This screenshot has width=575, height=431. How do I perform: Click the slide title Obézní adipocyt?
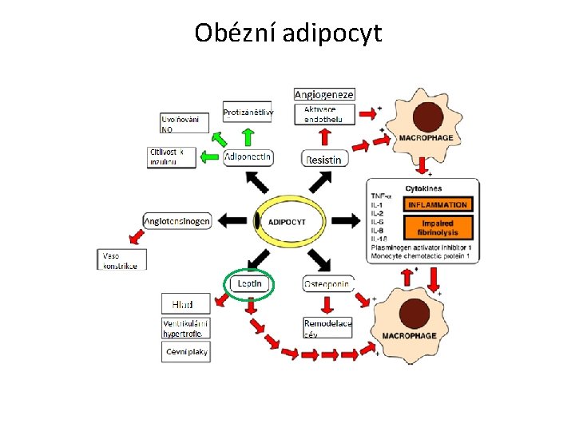pos(287,34)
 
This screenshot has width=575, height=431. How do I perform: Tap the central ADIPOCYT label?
pos(287,221)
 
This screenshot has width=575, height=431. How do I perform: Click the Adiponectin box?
pos(248,157)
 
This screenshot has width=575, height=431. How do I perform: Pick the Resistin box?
pos(325,159)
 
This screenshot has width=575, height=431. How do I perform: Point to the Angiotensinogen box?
pos(177,220)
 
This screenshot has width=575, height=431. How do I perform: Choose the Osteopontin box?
pos(328,283)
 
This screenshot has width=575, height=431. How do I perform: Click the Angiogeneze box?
pos(324,94)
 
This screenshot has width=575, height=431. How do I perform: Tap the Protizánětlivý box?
pos(248,113)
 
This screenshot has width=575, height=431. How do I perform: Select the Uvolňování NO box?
pos(184,123)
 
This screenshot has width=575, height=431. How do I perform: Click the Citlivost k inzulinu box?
pos(172,156)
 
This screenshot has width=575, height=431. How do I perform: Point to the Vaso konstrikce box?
pos(122,260)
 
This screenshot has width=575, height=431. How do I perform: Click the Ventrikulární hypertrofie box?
pos(188,328)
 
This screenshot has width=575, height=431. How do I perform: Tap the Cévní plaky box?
pos(187,351)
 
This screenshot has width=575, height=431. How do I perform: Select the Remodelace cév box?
pos(327,328)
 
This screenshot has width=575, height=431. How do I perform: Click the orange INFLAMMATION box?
pos(438,205)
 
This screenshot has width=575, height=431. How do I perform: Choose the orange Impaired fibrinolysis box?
pos(438,227)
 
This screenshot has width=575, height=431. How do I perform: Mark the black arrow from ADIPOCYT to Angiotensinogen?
pos(234,220)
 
